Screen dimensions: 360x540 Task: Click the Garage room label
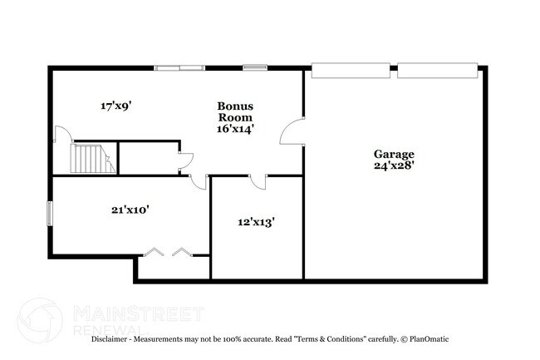point(394,154)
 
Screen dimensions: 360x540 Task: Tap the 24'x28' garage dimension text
point(394,165)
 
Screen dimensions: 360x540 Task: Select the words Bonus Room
point(235,111)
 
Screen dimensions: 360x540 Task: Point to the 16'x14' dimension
point(235,128)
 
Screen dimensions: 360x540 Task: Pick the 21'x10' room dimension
point(130,210)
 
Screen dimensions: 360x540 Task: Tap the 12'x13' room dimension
point(256,222)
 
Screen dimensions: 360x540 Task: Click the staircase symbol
point(91,158)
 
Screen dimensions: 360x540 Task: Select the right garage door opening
point(437,70)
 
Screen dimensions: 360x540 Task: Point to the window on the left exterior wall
point(49,213)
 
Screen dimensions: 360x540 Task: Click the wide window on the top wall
point(180,67)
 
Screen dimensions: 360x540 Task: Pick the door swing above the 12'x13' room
point(260,181)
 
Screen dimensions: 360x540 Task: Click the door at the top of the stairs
point(60,137)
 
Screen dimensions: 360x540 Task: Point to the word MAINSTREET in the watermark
point(138,313)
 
